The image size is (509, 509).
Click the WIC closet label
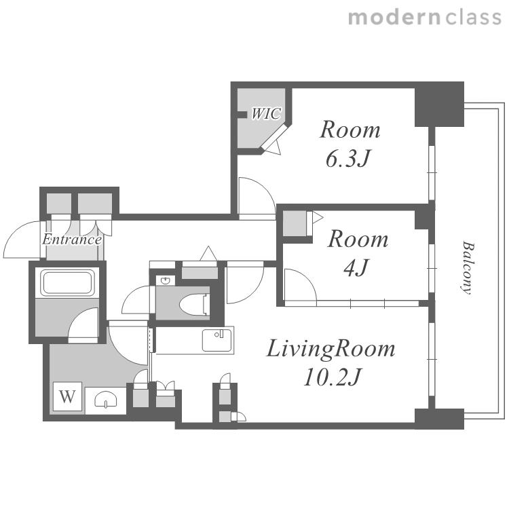pyautogui.click(x=266, y=113)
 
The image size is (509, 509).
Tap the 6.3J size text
pyautogui.click(x=347, y=159)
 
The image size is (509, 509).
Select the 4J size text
pyautogui.click(x=356, y=267)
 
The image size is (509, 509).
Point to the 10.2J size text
pyautogui.click(x=332, y=377)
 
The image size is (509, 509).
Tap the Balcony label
pyautogui.click(x=467, y=267)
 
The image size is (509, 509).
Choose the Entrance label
pyautogui.click(x=72, y=240)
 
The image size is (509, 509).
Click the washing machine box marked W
pyautogui.click(x=67, y=396)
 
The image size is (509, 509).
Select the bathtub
pyautogui.click(x=67, y=282)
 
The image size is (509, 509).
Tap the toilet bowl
pyautogui.click(x=193, y=304)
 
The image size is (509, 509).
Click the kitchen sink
pyautogui.click(x=217, y=340)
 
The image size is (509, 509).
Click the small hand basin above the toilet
pyautogui.click(x=166, y=280)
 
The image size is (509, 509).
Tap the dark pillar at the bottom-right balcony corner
pyautogui.click(x=439, y=419)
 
